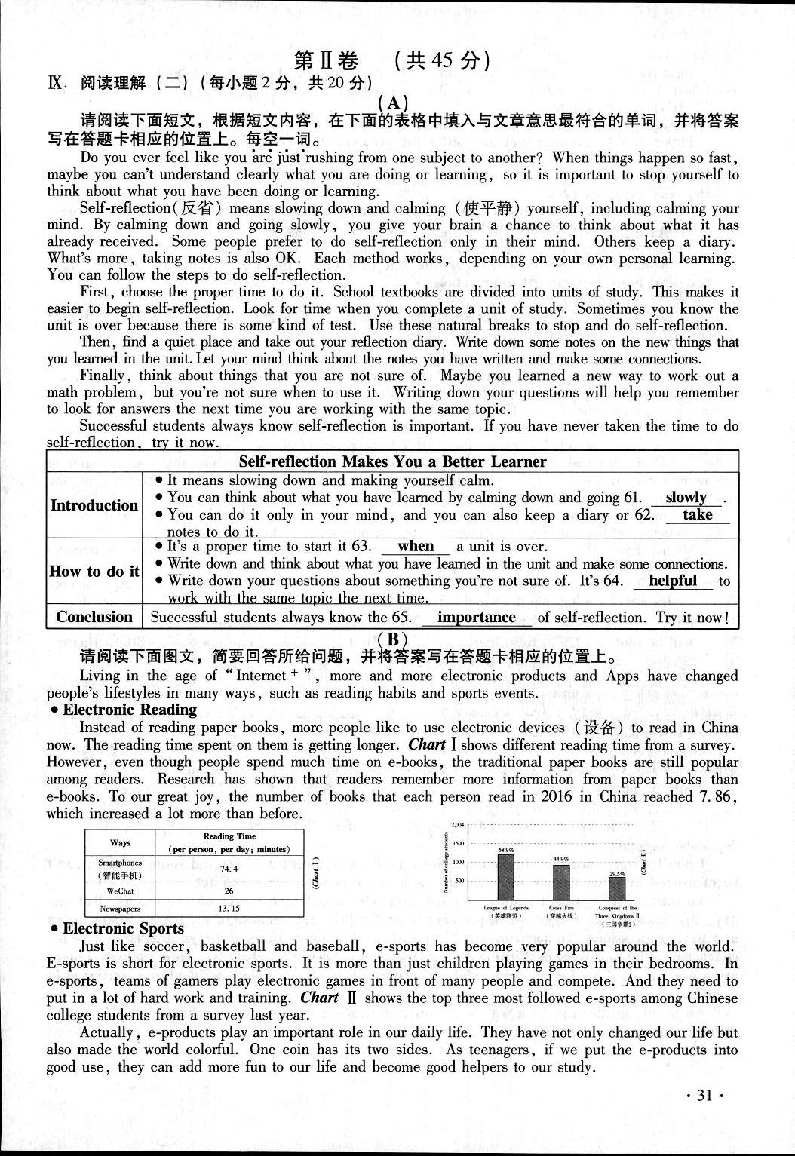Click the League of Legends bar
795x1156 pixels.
506,876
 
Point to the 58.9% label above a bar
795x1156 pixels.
506,849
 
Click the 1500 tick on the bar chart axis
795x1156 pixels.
459,844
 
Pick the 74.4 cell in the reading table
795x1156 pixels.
229,869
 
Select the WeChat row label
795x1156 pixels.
121,891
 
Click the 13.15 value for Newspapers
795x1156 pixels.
229,909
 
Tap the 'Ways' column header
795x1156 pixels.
121,842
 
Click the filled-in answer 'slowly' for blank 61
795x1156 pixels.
686,498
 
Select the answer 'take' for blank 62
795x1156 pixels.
697,515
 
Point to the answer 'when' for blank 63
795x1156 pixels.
416,547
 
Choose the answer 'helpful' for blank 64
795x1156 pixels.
672,581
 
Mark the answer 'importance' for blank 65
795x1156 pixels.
476,618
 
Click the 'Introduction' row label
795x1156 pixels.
94,505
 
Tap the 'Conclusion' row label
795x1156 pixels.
94,617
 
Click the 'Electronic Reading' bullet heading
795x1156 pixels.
129,710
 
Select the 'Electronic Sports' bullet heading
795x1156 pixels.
123,929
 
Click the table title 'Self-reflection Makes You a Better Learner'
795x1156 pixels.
392,462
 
